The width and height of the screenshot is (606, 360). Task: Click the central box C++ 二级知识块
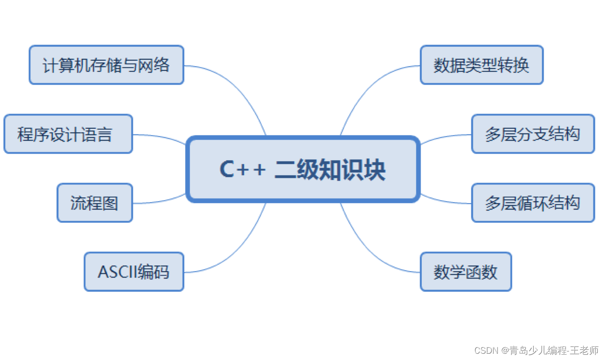303,169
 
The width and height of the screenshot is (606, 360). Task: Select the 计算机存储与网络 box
106,65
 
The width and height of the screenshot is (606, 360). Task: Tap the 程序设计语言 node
68,134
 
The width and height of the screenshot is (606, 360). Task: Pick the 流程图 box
95,203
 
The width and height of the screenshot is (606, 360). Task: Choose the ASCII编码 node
134,272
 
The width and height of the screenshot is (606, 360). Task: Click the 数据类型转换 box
482,65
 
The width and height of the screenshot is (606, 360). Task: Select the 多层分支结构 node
533,134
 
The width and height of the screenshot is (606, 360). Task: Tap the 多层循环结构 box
533,203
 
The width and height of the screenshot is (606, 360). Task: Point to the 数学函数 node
466,272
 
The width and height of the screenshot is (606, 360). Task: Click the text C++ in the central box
243,169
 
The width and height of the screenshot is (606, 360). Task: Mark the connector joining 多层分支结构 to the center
446,137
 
